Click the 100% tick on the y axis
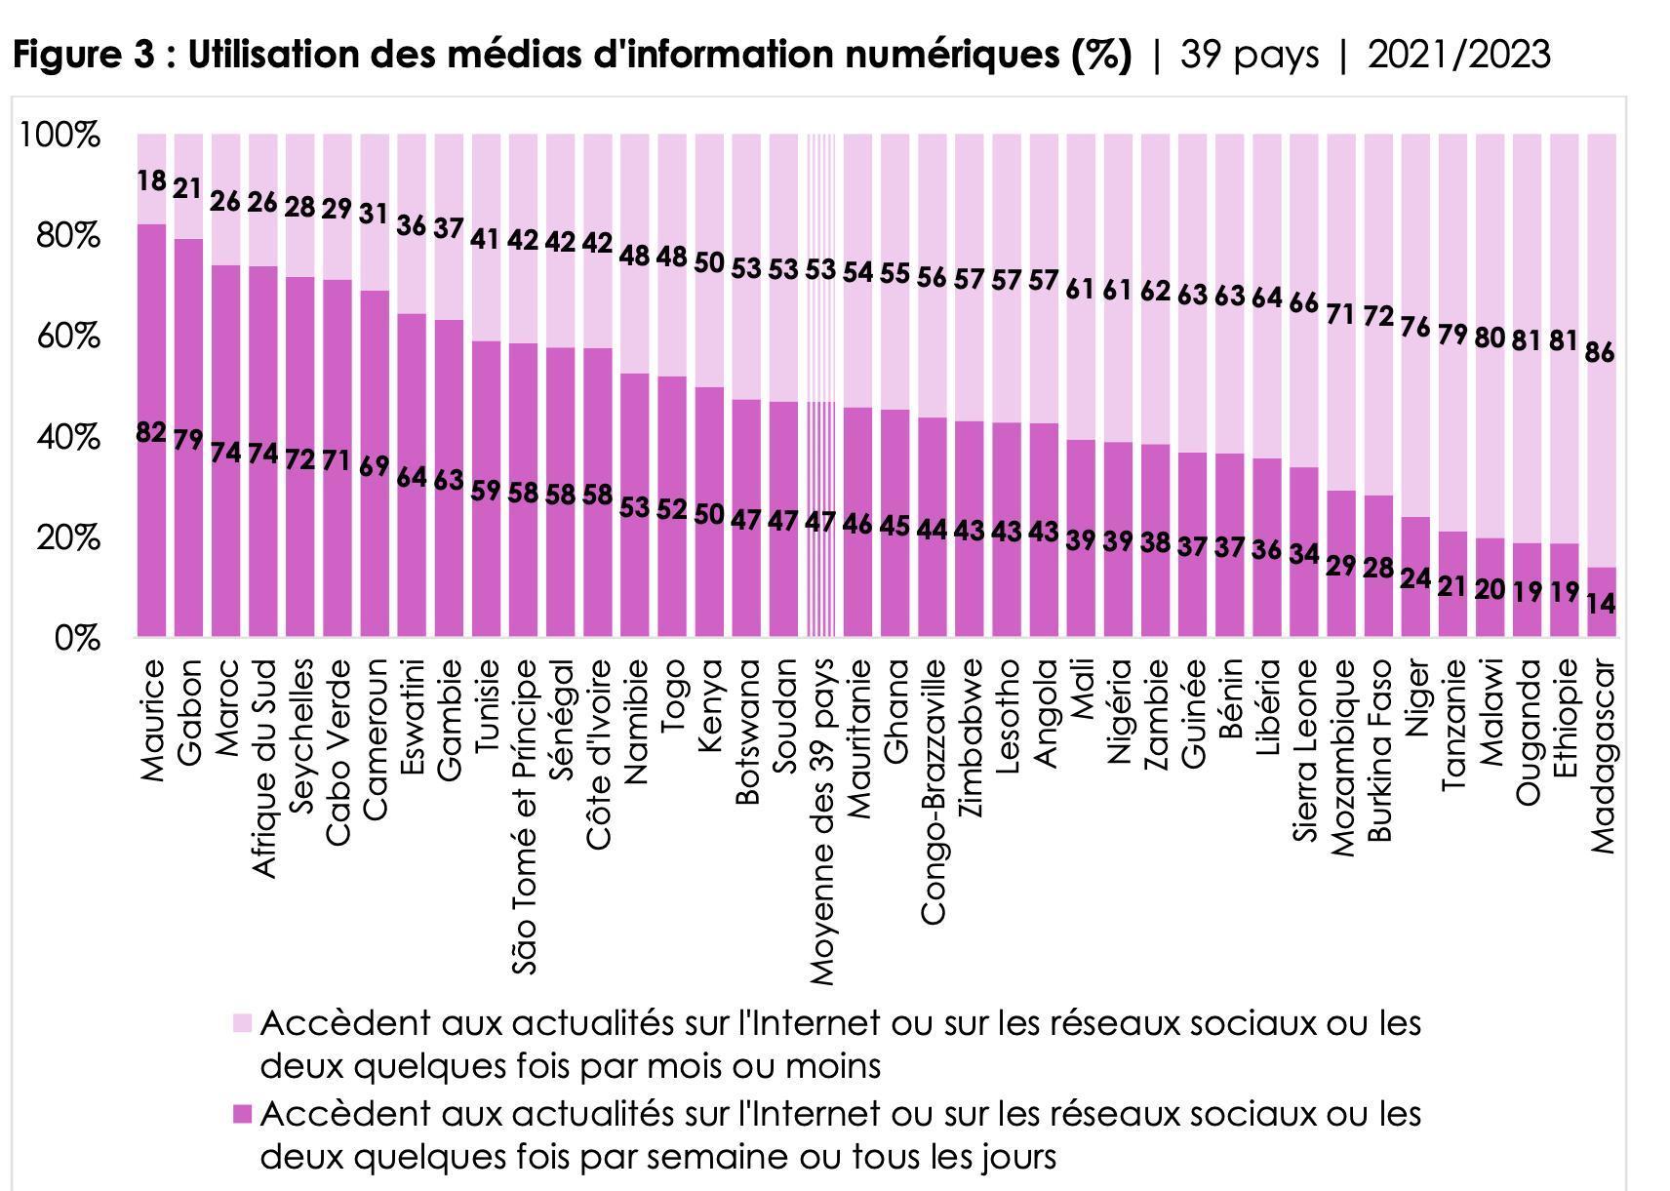pos(59,135)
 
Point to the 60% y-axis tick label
pos(67,337)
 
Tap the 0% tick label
pos(77,639)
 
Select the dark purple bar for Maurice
pos(151,536)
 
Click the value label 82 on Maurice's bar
pos(151,431)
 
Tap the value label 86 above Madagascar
pos(1601,352)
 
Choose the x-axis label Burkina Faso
pos(1379,750)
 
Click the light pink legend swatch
pos(242,1023)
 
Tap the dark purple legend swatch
pos(242,1114)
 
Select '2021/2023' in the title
pos(1458,55)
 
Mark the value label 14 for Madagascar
pos(1601,604)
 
